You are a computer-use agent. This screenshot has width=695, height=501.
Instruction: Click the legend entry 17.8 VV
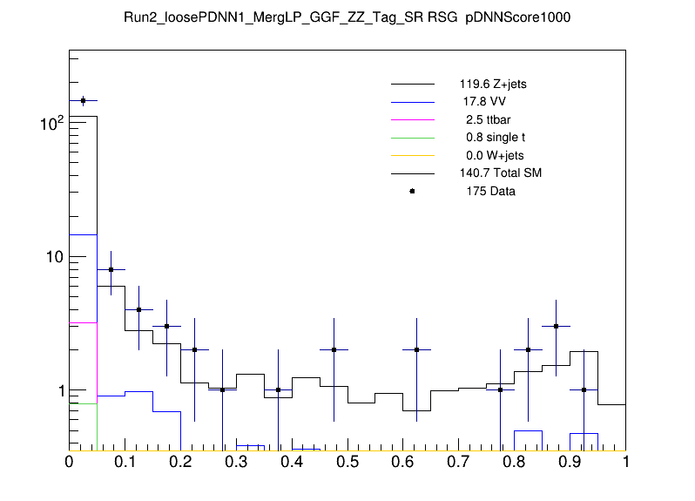pos(484,102)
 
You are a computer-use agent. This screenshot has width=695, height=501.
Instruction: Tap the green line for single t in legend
pos(412,138)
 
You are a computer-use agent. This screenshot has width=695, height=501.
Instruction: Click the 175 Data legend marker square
pos(412,191)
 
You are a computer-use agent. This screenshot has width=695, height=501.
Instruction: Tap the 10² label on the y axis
pos(51,124)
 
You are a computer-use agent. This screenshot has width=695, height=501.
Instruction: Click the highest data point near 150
pos(83,101)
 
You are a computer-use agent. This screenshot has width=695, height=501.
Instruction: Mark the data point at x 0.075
pos(111,270)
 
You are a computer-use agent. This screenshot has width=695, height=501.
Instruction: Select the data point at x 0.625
pos(417,349)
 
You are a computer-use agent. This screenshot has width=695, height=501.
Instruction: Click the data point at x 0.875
pos(556,326)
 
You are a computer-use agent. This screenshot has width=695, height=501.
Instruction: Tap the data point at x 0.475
pos(334,349)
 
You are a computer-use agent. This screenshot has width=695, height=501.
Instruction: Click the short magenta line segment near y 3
pos(83,322)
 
